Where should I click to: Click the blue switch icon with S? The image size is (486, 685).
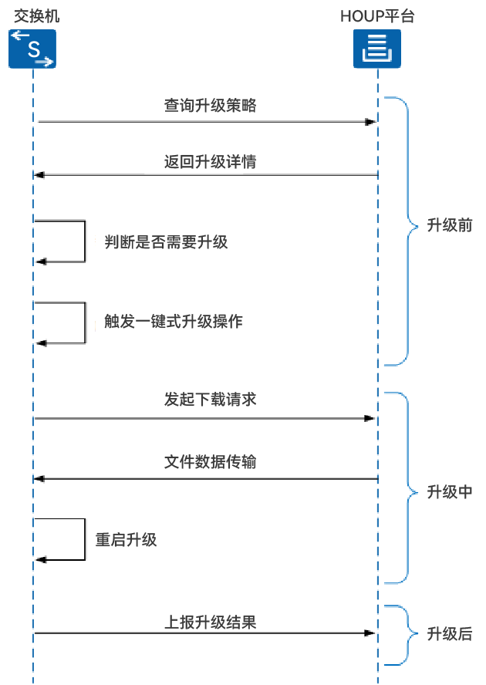[33, 49]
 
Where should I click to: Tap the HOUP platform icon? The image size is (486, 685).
[378, 49]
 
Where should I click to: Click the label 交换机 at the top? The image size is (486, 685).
[33, 15]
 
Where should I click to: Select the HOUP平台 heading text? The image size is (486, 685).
[377, 15]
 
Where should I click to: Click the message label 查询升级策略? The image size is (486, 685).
[210, 106]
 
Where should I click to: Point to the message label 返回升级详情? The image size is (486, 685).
[210, 162]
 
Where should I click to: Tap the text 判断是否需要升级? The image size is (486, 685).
[166, 241]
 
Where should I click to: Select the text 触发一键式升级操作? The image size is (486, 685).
[174, 321]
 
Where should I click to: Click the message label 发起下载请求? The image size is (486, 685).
[210, 400]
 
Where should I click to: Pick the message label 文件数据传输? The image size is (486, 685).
[210, 462]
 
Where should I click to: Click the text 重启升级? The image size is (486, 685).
[126, 539]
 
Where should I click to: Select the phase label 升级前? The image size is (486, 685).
[450, 226]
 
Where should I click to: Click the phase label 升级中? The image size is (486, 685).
[450, 492]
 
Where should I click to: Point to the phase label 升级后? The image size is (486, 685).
[450, 634]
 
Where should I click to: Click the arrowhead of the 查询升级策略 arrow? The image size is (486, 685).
[371, 122]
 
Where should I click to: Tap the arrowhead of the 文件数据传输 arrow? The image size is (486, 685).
[40, 479]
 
